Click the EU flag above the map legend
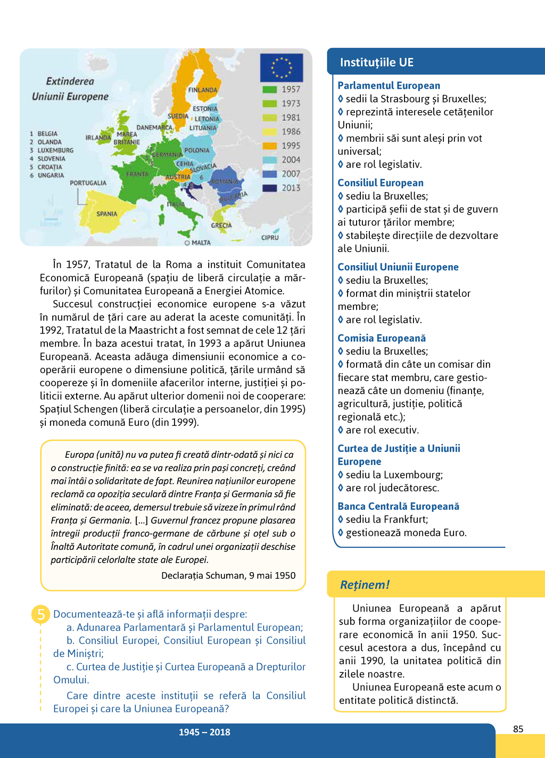(281, 68)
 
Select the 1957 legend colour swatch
(270, 89)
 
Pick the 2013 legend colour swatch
(270, 188)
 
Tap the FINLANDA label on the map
(203, 90)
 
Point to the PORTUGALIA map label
(88, 183)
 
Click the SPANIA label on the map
(107, 214)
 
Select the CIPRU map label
(270, 237)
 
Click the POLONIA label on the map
(197, 151)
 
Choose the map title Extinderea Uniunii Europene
(70, 89)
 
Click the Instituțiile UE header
(377, 62)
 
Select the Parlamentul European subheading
(389, 86)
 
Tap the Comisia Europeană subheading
(382, 338)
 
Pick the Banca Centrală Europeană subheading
(398, 506)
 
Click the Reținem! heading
(365, 584)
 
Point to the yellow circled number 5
(41, 614)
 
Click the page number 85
(518, 729)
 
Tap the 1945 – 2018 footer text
(204, 732)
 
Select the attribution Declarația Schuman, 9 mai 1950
(228, 575)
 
